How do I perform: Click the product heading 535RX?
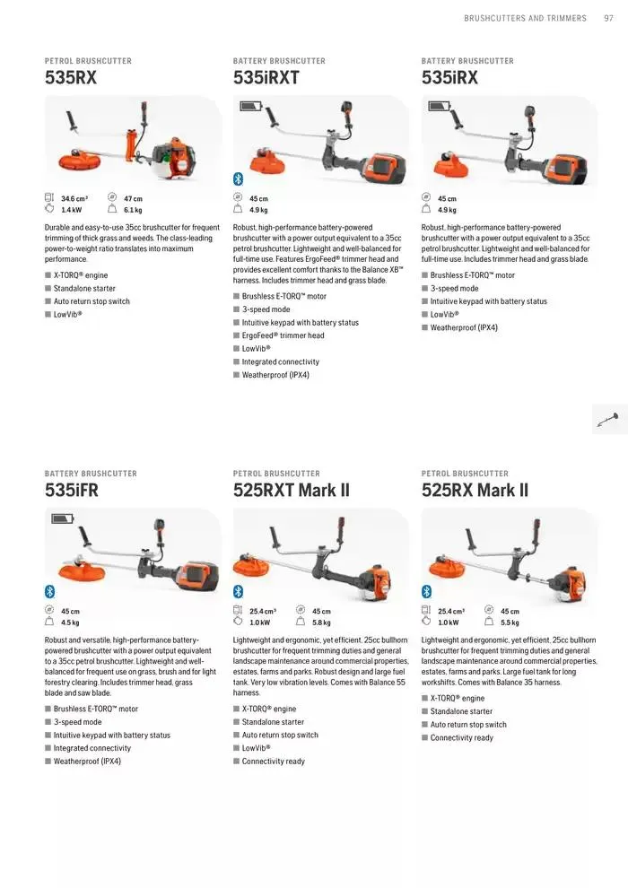pos(71,78)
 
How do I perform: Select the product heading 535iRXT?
pos(266,78)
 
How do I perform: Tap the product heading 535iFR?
pos(72,491)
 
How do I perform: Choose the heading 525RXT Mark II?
pos(291,491)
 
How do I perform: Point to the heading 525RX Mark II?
pos(475,491)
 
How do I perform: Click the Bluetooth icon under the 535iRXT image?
pos(239,178)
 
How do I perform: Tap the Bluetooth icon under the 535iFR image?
pos(50,591)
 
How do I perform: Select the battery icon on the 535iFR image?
pos(64,519)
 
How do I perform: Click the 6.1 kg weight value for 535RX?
pos(133,210)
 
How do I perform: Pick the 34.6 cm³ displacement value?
pos(74,198)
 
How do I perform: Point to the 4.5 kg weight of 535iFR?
pos(70,622)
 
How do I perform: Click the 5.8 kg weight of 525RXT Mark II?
pos(321,622)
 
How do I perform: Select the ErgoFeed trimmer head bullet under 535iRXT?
pos(283,335)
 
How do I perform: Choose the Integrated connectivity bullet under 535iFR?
pos(92,748)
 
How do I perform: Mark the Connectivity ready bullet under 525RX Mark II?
pos(461,737)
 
